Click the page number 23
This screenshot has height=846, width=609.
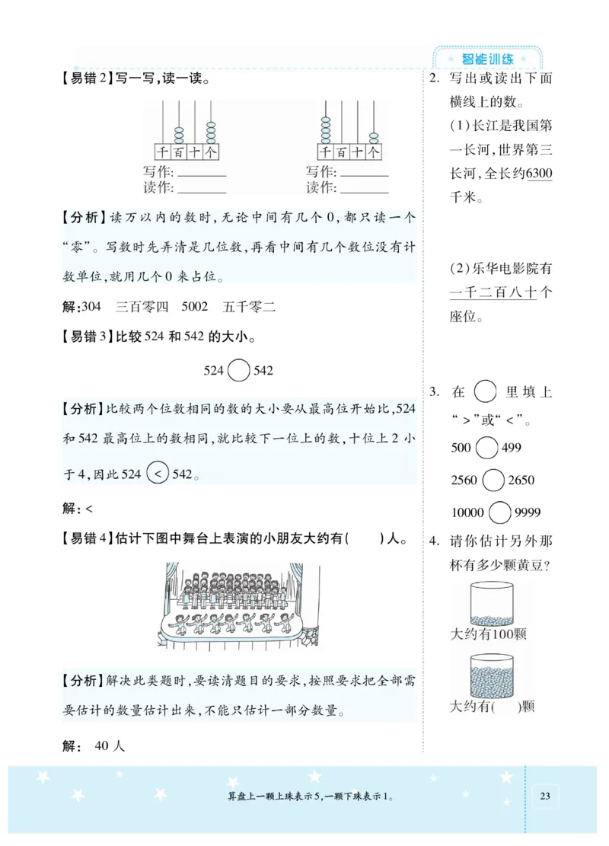coord(544,796)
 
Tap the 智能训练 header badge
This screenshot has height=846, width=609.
coord(488,59)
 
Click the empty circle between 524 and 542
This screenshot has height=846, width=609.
coord(239,371)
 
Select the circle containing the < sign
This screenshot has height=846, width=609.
coord(157,473)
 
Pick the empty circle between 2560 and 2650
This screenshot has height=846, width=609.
coord(494,480)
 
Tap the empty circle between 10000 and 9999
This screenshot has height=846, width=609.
coord(500,512)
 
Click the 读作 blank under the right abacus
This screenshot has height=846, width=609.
coord(363,187)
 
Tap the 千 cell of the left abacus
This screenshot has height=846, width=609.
coord(161,152)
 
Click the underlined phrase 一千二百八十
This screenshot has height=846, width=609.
coord(493,292)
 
